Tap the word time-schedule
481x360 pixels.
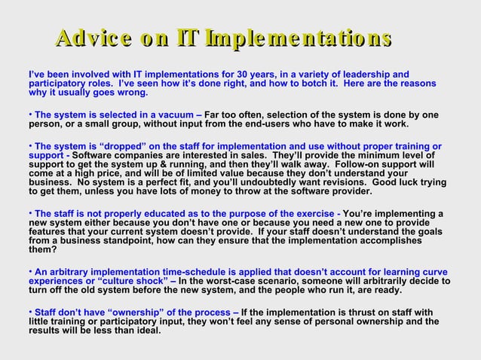pyautogui.click(x=197, y=271)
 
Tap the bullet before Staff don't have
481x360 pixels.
pyautogui.click(x=30, y=312)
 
